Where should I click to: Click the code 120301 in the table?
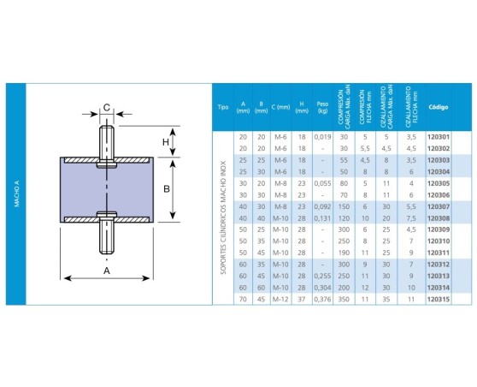[438, 136]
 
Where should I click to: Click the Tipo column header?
[223, 109]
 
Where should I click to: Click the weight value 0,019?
[322, 136]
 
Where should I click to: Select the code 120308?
[438, 218]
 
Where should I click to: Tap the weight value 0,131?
[322, 218]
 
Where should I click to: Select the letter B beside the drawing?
[168, 188]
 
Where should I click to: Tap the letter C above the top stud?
[107, 107]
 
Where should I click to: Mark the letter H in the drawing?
[167, 142]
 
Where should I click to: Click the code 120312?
[438, 265]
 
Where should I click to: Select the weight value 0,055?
[322, 182]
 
